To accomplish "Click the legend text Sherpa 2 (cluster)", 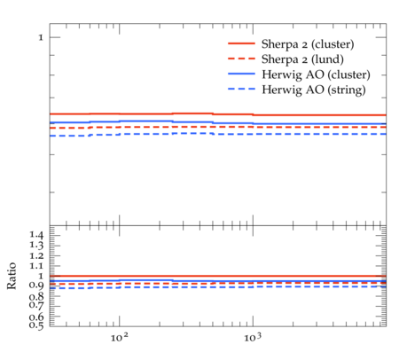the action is (308, 44).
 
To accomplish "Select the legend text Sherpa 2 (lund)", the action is (302, 59).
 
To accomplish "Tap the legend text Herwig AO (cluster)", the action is (316, 74).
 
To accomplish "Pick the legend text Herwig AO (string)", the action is (314, 90).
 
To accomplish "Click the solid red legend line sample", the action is (241, 43).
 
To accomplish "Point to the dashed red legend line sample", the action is (241, 59).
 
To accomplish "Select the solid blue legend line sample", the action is (241, 74).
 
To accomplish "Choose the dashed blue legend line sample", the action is (241, 89).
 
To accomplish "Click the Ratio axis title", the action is (12, 276).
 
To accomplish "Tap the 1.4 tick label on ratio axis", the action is (36, 235).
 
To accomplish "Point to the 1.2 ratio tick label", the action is (36, 255).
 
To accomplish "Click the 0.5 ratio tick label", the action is (36, 325).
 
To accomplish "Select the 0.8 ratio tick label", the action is (36, 296).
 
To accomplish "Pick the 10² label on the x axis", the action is (120, 337).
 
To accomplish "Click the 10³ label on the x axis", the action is (253, 337).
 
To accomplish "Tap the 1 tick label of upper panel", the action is (41, 37).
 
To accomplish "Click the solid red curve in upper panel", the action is (218, 114).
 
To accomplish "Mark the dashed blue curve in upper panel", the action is (218, 134).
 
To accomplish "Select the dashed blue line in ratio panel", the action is (218, 287).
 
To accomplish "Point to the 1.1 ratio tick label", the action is (36, 266).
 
